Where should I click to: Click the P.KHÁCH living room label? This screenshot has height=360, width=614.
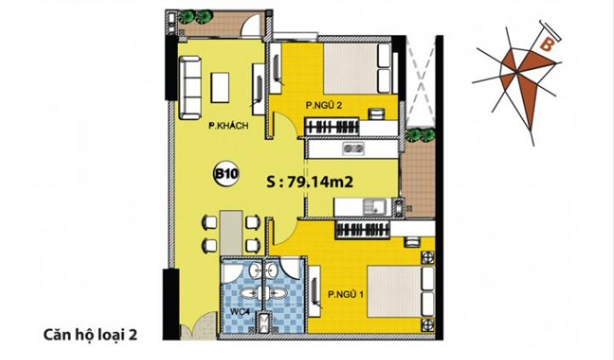click(x=228, y=126)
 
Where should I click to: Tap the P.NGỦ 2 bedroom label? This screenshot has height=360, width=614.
click(x=324, y=106)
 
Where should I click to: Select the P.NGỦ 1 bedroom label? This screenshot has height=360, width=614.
click(x=346, y=294)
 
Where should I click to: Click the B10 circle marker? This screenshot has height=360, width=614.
click(x=226, y=174)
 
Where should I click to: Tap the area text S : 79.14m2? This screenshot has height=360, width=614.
click(x=310, y=182)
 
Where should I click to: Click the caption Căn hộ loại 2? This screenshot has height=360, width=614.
click(x=90, y=335)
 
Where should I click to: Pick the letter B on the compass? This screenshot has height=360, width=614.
click(x=546, y=44)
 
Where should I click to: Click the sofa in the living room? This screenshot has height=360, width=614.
click(x=191, y=88)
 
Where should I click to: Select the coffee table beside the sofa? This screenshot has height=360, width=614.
click(x=220, y=88)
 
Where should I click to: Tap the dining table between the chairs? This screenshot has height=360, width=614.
click(x=231, y=232)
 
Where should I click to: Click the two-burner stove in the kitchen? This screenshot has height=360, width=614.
click(x=353, y=148)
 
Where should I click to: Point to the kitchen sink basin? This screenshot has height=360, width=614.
click(x=374, y=207)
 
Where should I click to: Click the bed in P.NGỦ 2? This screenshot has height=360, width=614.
click(x=357, y=68)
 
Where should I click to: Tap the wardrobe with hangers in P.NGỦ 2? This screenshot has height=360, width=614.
click(x=331, y=127)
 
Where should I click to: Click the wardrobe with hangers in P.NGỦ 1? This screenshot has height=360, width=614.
click(x=363, y=229)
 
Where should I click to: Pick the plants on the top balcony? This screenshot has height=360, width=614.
click(x=196, y=17)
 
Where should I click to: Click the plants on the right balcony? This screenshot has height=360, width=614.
click(x=419, y=135)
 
